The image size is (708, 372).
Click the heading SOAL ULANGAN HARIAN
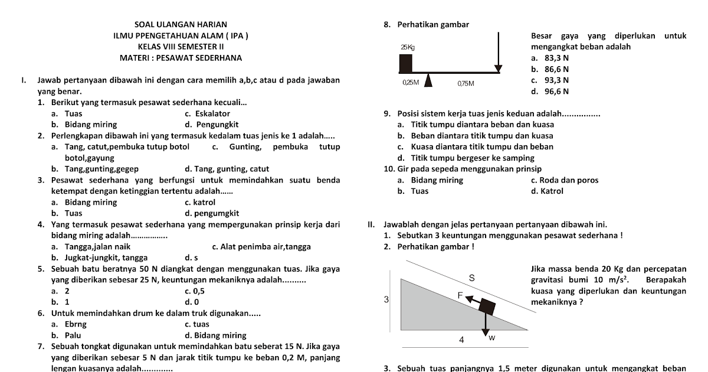click(x=181, y=25)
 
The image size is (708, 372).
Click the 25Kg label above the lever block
click(x=407, y=47)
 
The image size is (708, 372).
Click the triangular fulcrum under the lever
click(x=428, y=80)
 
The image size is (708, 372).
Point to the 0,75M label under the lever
click(x=466, y=83)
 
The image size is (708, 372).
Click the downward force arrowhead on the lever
click(x=498, y=68)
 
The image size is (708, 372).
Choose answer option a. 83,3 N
click(x=549, y=58)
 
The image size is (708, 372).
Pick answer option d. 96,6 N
click(x=549, y=92)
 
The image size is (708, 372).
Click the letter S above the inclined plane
click(x=471, y=277)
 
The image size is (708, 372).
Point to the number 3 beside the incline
click(x=386, y=300)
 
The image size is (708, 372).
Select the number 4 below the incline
click(x=461, y=340)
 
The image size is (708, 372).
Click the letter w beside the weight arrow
click(x=491, y=338)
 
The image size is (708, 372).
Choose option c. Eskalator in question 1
click(x=207, y=113)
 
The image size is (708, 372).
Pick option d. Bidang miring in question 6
click(x=215, y=335)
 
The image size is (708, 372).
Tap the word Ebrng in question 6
click(x=75, y=324)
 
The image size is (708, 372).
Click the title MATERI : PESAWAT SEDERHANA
click(x=181, y=58)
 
